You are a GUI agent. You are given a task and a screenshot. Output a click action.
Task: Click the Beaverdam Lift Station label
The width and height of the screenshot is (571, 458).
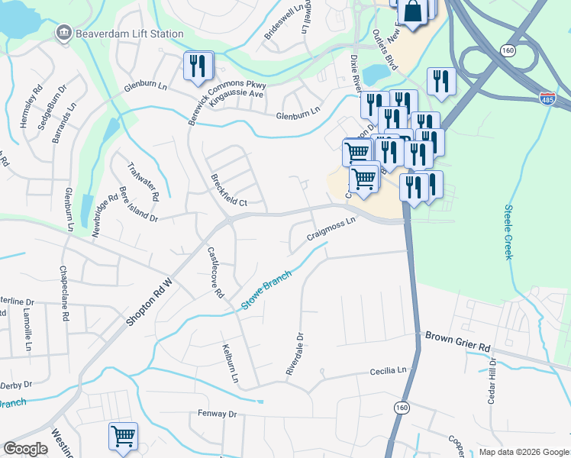[x=129, y=34]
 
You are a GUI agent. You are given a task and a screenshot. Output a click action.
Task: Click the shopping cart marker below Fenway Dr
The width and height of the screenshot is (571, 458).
[x=122, y=437]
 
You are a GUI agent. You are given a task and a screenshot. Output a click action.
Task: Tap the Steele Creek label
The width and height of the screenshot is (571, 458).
[x=508, y=232]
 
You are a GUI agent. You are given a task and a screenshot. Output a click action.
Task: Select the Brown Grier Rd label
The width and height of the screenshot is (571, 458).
[x=457, y=340]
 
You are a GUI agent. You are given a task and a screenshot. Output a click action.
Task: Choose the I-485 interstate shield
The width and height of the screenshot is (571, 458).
[x=547, y=98]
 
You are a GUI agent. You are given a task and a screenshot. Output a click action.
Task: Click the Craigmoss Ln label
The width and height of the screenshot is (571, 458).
[x=331, y=229]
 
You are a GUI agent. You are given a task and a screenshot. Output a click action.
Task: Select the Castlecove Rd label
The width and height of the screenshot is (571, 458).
[x=215, y=272]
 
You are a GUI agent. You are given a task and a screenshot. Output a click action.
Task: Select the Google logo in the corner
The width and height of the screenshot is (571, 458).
[x=25, y=449]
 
